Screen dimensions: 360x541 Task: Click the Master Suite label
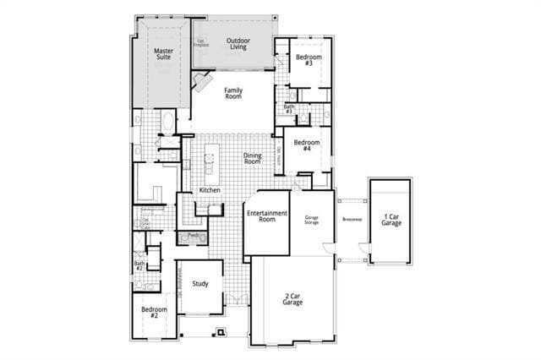coord(163,54)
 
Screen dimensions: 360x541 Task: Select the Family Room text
coord(233,93)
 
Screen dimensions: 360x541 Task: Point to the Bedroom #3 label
coord(304,60)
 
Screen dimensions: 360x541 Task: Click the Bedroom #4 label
coord(304,145)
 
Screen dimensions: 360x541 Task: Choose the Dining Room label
coord(253,158)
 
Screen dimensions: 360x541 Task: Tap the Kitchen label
coord(210,190)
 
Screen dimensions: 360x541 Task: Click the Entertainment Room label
coord(267,216)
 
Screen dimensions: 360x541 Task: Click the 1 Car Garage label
coord(391,219)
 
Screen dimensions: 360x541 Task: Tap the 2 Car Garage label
coord(292,298)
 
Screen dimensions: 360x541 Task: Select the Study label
coord(200,284)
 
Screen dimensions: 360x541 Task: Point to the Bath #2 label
coord(139,266)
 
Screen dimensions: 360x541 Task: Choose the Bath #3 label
coord(288,109)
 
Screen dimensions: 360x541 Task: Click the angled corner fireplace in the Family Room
coord(200,81)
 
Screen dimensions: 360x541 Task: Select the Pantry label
coord(194,234)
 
